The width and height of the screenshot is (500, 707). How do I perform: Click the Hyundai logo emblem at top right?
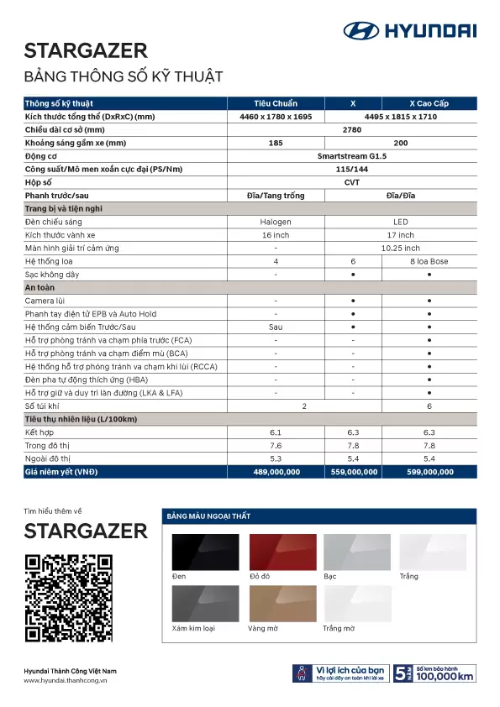[361, 31]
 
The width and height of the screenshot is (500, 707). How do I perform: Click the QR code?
[69, 597]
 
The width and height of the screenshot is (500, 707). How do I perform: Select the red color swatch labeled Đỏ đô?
[281, 552]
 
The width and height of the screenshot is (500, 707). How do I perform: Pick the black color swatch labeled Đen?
[205, 552]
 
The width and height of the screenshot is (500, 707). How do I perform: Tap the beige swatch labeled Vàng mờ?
[281, 603]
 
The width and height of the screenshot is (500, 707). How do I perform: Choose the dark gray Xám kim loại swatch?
[205, 603]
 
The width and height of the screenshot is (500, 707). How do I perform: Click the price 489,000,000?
[276, 472]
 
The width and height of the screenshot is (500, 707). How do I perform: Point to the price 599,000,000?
[429, 472]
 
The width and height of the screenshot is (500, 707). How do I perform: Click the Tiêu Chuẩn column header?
[276, 103]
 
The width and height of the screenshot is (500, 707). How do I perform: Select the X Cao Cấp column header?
[429, 103]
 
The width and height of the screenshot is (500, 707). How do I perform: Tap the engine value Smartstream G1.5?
[353, 155]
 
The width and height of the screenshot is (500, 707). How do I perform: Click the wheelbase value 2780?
[353, 129]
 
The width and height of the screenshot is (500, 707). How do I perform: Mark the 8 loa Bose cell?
[429, 261]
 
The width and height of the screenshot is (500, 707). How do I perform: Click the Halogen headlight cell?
[276, 222]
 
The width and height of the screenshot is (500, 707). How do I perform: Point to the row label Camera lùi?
[43, 301]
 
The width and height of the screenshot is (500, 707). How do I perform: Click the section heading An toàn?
[39, 287]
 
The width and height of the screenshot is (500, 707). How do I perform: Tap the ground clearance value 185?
[276, 143]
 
